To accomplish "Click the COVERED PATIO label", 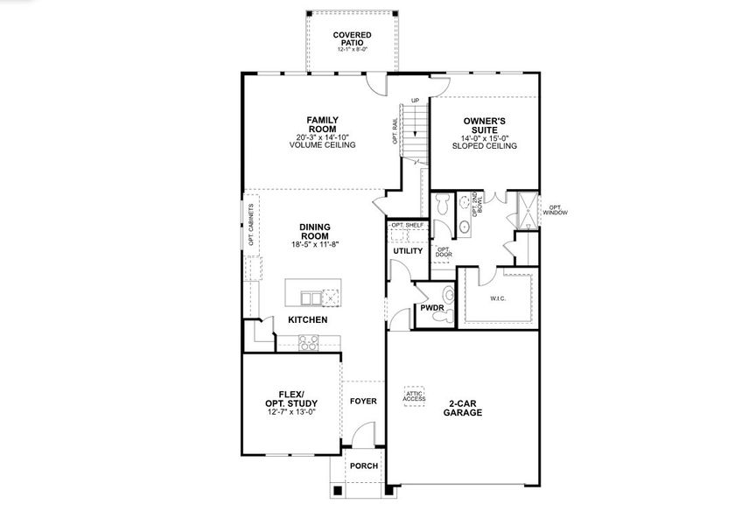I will click(353, 38).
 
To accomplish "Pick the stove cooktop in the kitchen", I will click(309, 344).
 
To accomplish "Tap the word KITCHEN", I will click(308, 320).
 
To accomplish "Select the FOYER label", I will click(363, 402).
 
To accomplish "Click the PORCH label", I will click(363, 466).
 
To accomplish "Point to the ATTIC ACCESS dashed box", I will click(415, 395).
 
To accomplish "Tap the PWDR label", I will click(431, 308).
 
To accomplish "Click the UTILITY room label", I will click(408, 251).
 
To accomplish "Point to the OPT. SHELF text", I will click(408, 226).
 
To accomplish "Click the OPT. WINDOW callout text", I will click(555, 209).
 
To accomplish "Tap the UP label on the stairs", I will click(415, 100).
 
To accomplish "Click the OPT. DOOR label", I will click(444, 252).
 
